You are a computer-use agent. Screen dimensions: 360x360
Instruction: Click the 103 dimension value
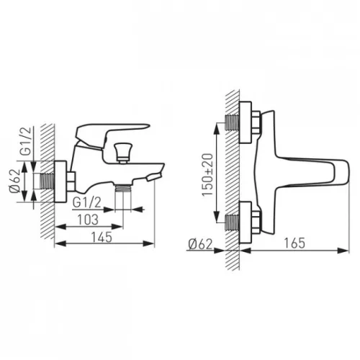(88, 220)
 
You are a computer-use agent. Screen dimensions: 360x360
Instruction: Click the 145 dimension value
(102, 237)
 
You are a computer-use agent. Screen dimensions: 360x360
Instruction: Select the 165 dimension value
(294, 243)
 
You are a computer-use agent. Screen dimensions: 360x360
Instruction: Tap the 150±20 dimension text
(207, 175)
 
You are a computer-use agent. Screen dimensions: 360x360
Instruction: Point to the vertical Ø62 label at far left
(14, 181)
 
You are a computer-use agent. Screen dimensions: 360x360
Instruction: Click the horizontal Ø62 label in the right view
(200, 244)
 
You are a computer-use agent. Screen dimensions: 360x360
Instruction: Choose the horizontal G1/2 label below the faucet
(87, 203)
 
